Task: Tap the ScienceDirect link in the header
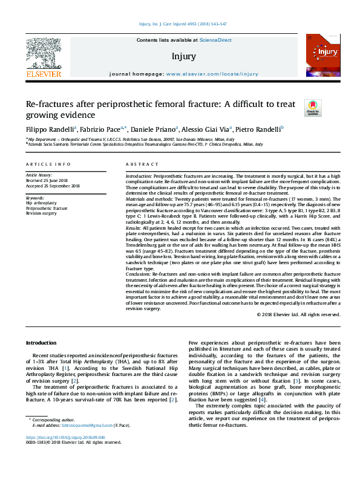pos(216,40)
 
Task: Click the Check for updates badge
pos(313,108)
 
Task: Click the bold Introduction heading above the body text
pos(41,343)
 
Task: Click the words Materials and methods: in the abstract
pos(148,199)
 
